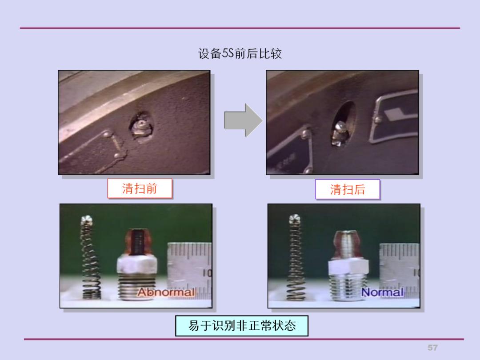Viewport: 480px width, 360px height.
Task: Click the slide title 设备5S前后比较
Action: (240, 54)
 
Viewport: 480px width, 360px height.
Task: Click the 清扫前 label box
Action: (140, 189)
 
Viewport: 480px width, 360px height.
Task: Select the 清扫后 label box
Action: (348, 189)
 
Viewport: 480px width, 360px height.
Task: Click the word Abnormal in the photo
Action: (166, 292)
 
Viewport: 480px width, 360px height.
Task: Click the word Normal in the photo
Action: (382, 292)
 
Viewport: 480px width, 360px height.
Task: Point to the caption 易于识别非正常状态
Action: (241, 326)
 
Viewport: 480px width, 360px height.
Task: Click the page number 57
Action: (432, 347)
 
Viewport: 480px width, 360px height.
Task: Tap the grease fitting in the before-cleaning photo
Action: (141, 127)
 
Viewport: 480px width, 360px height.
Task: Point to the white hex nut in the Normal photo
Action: (348, 267)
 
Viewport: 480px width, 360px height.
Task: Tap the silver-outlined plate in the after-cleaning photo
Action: (396, 116)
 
